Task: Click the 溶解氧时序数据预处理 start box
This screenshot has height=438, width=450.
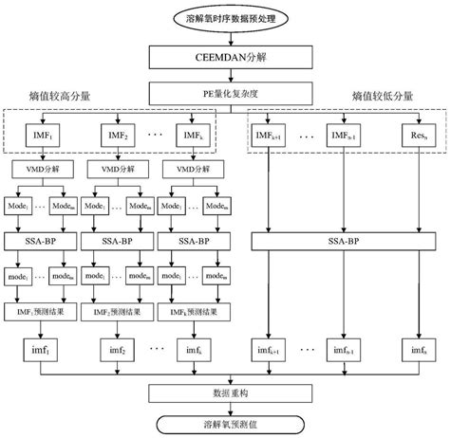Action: point(225,18)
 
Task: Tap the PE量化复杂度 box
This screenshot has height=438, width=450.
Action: point(225,96)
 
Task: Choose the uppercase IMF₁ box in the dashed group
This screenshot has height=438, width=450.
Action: point(36,139)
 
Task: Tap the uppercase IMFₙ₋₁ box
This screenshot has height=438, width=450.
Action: point(346,139)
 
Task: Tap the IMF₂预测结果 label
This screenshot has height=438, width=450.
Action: point(114,312)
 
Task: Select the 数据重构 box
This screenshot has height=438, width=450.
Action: point(225,392)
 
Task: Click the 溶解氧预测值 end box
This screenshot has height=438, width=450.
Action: point(225,423)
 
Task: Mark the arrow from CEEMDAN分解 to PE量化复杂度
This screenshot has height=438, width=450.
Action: point(225,77)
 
